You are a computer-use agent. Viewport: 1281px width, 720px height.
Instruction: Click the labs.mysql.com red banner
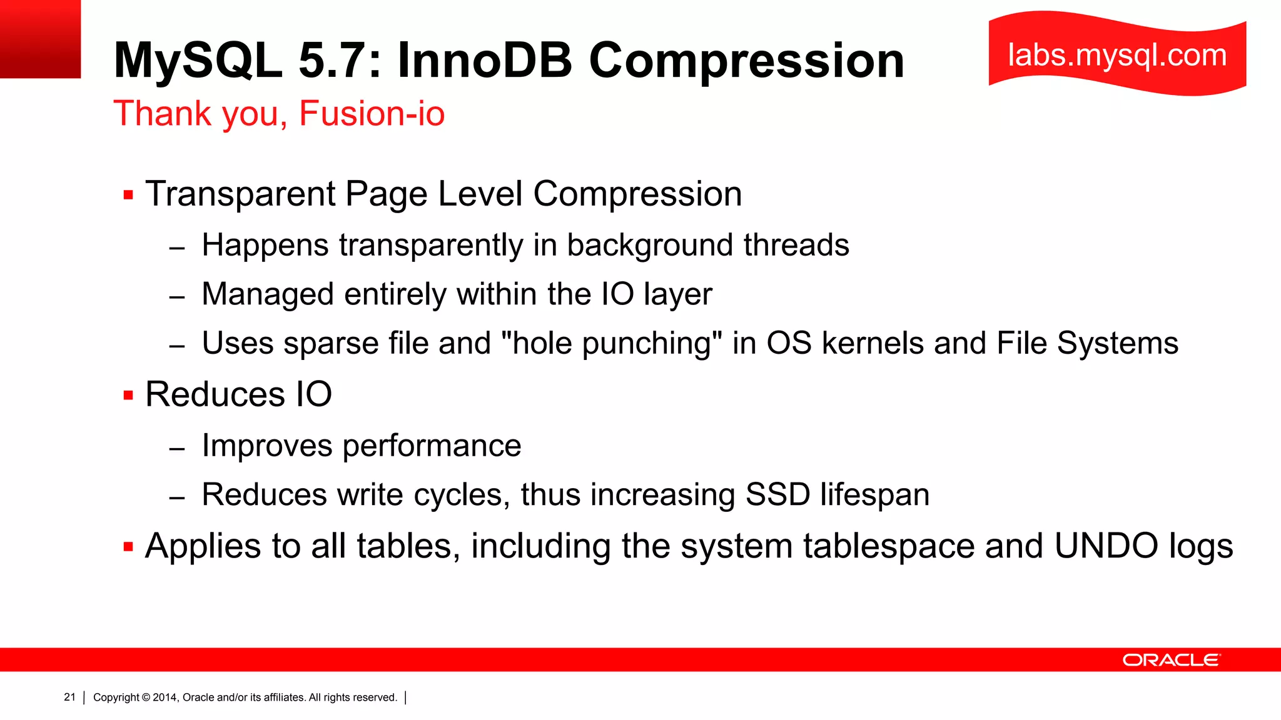pos(1117,55)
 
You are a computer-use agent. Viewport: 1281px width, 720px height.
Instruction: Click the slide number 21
pos(69,697)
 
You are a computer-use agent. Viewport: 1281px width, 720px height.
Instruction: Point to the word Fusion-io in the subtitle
pos(372,114)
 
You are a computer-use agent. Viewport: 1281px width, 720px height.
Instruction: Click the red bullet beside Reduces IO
pos(129,396)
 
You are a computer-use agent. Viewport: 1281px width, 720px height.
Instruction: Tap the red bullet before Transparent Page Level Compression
pos(129,195)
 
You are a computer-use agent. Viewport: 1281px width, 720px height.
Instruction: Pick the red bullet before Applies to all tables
pos(129,547)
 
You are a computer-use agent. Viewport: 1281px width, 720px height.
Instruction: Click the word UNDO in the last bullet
pos(1106,546)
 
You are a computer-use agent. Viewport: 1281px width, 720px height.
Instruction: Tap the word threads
pos(796,244)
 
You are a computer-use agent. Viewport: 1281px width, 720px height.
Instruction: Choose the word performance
pos(432,446)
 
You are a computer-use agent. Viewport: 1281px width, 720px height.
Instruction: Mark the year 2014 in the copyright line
pos(165,697)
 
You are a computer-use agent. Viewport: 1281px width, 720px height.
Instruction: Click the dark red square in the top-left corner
pos(40,39)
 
